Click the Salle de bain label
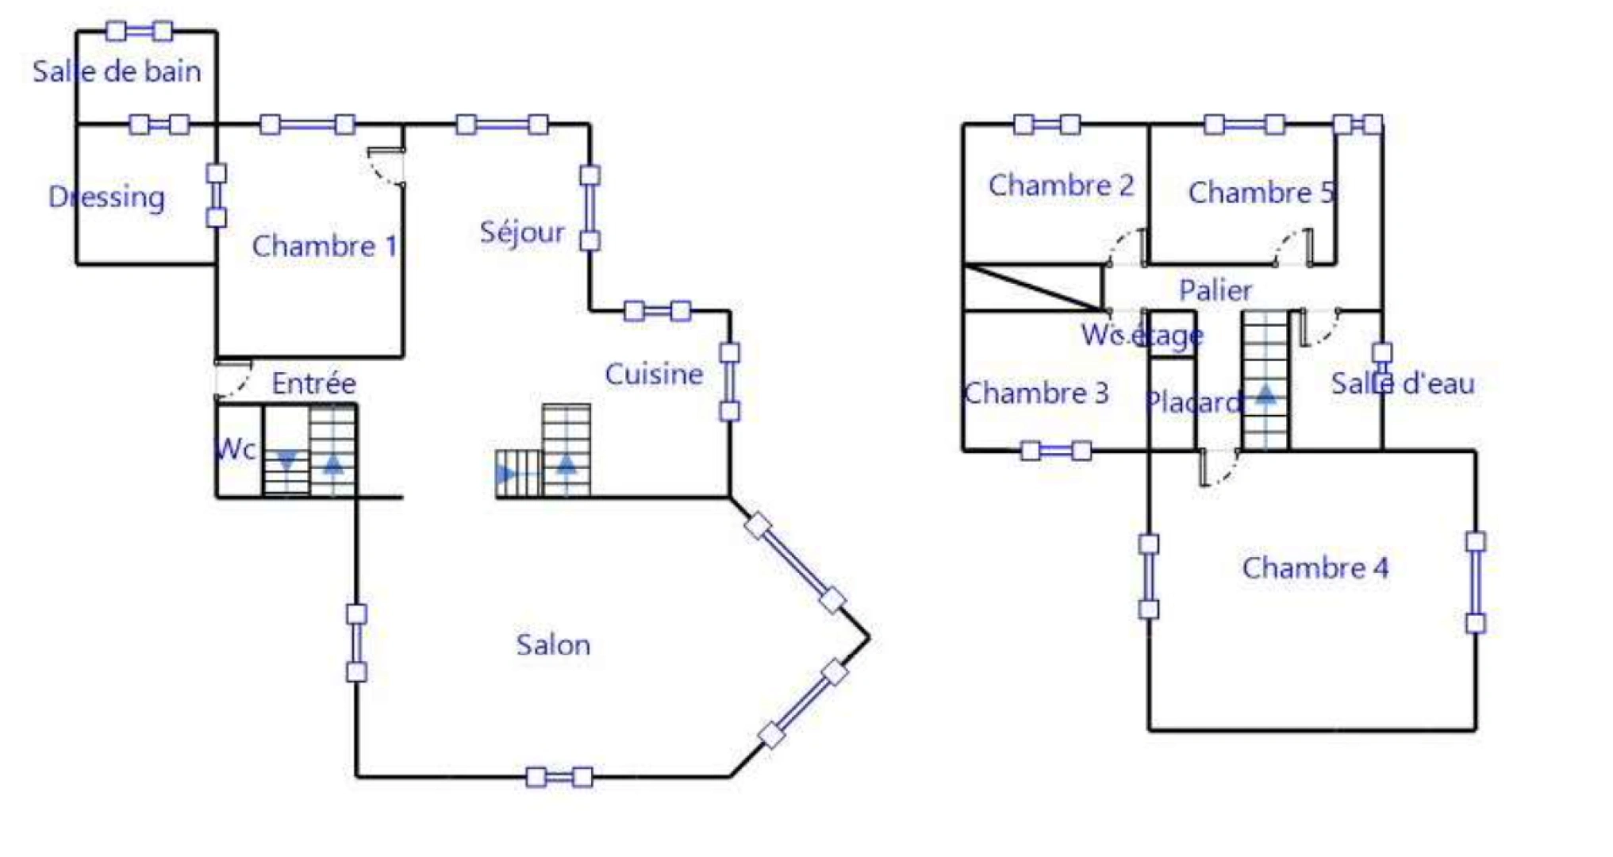click(117, 71)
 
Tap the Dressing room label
click(106, 197)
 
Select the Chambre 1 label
click(325, 246)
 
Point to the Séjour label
click(522, 232)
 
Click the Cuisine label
click(654, 374)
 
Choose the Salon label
click(553, 644)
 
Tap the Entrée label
click(313, 383)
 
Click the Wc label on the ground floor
click(236, 449)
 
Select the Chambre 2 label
click(1061, 185)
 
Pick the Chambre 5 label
click(1262, 192)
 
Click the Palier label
click(1216, 290)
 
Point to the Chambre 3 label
click(1036, 393)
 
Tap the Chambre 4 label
click(1315, 567)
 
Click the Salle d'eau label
click(1403, 383)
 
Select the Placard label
click(1193, 402)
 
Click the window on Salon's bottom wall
click(559, 777)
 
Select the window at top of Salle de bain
click(140, 31)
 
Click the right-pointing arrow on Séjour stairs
click(505, 475)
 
